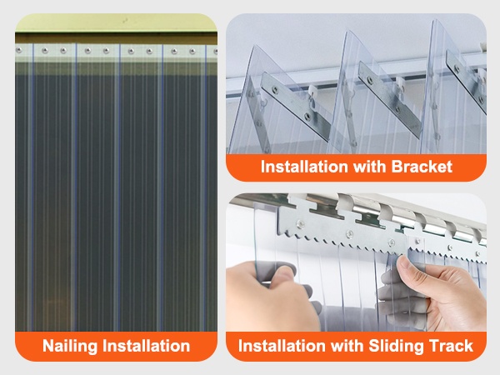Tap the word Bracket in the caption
pyautogui.click(x=422, y=167)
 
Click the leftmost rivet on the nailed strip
pyautogui.click(x=19, y=50)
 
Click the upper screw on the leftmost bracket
pyautogui.click(x=274, y=91)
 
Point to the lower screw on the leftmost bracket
pyautogui.click(x=307, y=117)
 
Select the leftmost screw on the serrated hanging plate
pyautogui.click(x=300, y=224)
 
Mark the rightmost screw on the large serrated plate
pyautogui.click(x=391, y=243)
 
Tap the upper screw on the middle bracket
pyautogui.click(x=369, y=80)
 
